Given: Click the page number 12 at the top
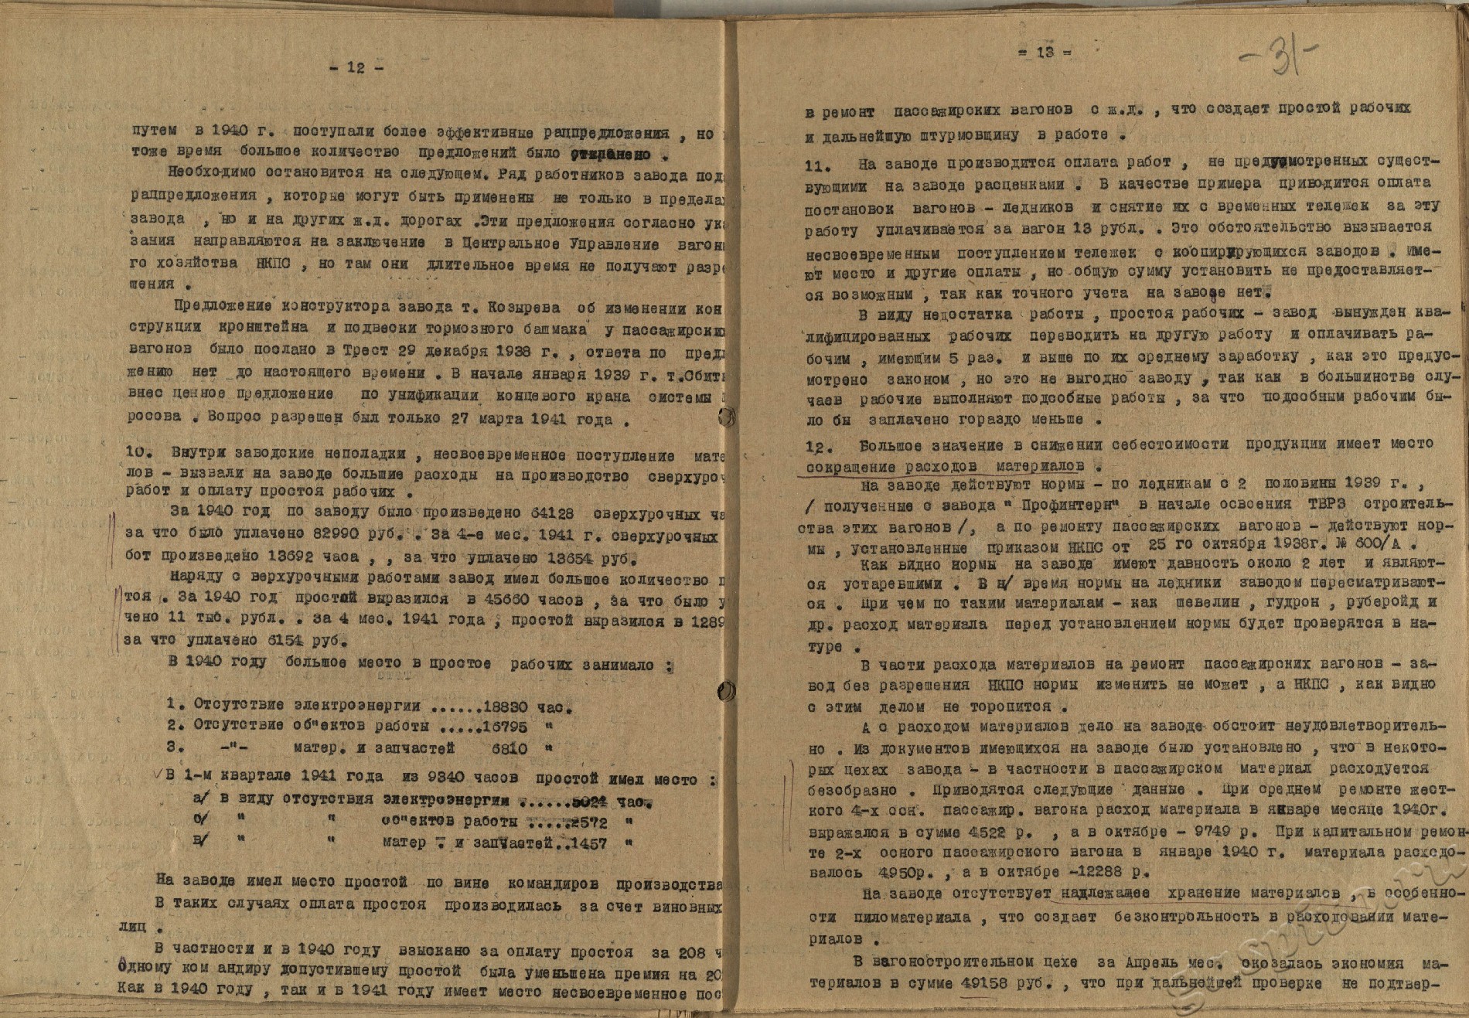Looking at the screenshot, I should point(356,67).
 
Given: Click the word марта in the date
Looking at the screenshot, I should point(528,420).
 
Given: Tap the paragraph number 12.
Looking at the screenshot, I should point(817,447).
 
